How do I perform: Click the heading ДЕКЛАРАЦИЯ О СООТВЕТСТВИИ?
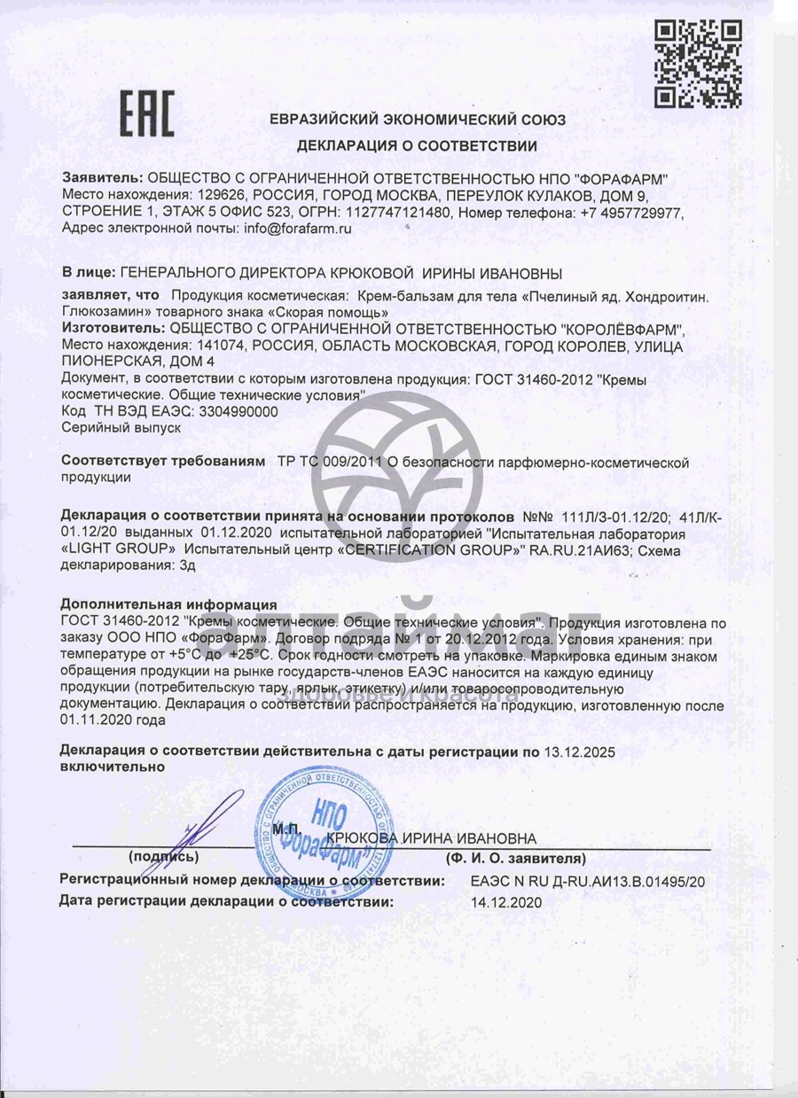(418, 144)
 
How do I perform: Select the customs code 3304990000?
(234, 412)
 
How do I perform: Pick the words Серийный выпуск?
(121, 427)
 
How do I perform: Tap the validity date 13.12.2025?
(580, 751)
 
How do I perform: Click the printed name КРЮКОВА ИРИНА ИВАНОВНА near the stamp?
(431, 837)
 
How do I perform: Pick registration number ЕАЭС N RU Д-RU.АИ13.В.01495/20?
(588, 882)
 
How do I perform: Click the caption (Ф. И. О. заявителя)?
(516, 858)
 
